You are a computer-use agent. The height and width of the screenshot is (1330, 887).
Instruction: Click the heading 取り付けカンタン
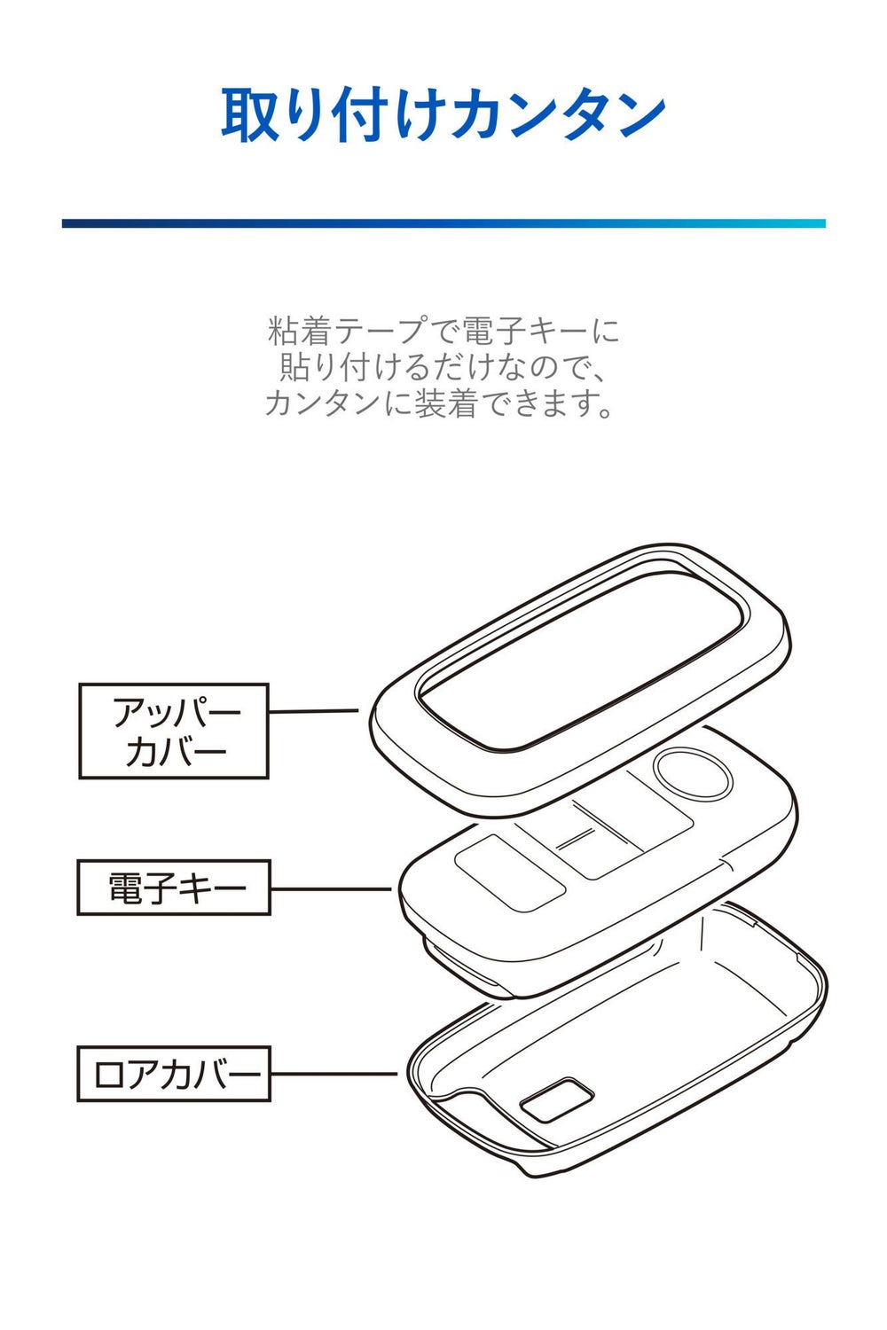point(443,115)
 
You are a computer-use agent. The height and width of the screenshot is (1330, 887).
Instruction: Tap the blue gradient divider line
point(443,223)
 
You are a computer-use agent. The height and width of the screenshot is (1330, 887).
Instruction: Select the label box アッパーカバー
point(174,731)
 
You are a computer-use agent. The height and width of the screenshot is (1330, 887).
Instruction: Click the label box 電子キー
point(174,888)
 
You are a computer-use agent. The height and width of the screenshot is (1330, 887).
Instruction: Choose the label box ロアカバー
point(174,1075)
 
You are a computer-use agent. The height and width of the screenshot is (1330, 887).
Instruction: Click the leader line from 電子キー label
point(330,888)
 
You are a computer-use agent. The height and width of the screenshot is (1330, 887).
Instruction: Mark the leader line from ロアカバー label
point(334,1075)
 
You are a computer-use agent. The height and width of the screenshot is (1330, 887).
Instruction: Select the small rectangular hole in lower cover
point(557,1099)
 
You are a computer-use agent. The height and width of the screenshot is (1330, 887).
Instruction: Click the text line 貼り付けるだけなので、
point(443,367)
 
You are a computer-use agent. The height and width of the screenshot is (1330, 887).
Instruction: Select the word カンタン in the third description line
point(314,403)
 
